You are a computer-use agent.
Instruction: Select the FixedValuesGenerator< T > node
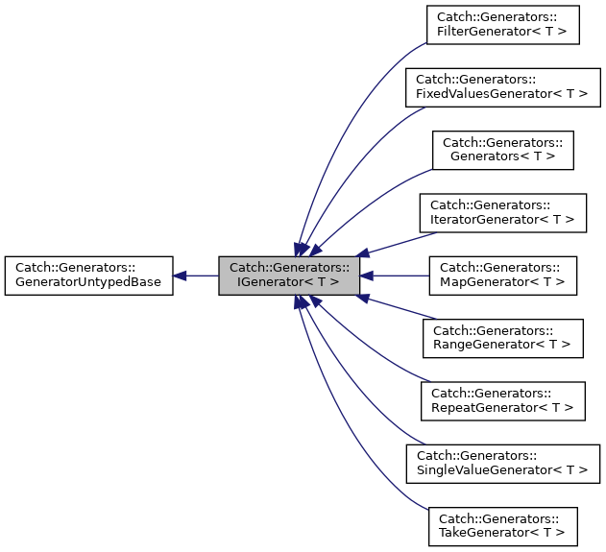click(502, 87)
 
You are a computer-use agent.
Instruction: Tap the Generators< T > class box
click(502, 150)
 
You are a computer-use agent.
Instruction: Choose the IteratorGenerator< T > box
click(502, 212)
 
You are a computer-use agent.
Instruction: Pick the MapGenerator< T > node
click(502, 276)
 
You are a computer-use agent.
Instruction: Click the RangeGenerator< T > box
click(502, 338)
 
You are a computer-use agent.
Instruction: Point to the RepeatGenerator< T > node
click(502, 400)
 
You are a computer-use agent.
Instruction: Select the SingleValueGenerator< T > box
click(502, 464)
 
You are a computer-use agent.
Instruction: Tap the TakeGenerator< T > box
click(502, 526)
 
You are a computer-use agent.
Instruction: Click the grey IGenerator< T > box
click(289, 276)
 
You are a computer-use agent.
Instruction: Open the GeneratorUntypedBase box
click(88, 276)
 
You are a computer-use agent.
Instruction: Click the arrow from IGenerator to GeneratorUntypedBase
click(197, 276)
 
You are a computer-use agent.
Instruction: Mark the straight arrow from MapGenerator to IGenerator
click(399, 276)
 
